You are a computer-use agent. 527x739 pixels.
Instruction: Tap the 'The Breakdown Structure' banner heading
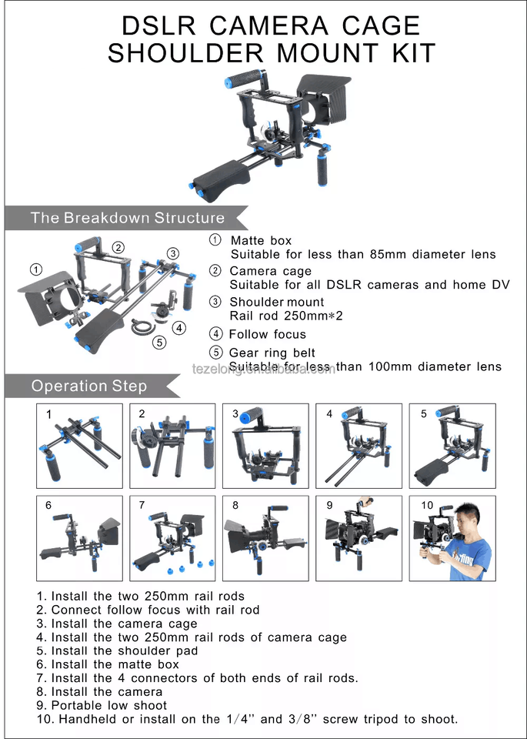(128, 218)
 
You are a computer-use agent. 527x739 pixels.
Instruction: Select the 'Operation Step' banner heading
(89, 386)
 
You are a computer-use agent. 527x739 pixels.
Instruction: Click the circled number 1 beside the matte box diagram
(36, 269)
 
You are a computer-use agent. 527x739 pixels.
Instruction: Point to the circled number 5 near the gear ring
(160, 342)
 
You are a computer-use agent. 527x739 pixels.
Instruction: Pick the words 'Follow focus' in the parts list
(268, 334)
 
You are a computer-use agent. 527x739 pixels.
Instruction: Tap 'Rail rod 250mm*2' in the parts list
(286, 316)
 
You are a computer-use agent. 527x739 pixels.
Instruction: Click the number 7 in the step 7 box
(142, 505)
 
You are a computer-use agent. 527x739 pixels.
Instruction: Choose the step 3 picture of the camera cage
(265, 446)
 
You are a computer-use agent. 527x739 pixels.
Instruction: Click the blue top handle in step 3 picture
(251, 416)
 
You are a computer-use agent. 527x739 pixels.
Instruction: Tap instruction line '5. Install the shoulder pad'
(117, 651)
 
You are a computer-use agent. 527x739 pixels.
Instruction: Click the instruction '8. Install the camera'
(99, 692)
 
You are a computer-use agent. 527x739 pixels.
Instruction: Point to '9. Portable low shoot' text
(102, 706)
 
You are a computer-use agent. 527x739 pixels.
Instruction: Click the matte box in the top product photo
(322, 100)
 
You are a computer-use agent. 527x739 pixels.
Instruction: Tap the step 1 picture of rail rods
(79, 446)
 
